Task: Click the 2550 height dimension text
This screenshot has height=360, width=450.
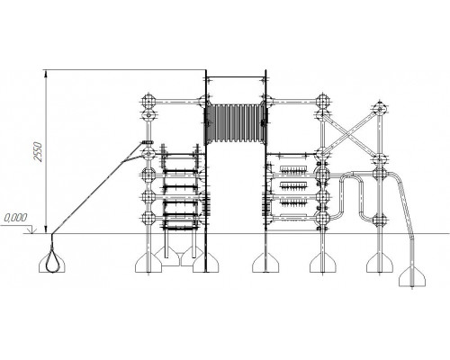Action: click(x=39, y=152)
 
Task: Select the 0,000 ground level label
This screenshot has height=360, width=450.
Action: click(x=16, y=218)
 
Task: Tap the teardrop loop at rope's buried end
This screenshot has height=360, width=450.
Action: click(x=52, y=263)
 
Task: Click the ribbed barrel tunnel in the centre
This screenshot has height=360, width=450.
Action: click(x=236, y=123)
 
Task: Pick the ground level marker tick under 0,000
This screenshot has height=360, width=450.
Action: click(x=31, y=230)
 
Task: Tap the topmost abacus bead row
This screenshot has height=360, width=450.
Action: click(x=294, y=170)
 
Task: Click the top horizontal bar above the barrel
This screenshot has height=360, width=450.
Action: click(x=236, y=77)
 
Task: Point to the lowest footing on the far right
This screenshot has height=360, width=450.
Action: click(x=412, y=276)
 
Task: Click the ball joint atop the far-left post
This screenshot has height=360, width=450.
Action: click(x=148, y=100)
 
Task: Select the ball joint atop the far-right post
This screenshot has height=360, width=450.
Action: click(x=380, y=108)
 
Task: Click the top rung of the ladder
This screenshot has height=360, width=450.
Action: click(x=180, y=157)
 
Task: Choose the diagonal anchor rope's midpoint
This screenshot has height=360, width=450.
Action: click(x=97, y=188)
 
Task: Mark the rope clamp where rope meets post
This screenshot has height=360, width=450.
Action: click(x=148, y=142)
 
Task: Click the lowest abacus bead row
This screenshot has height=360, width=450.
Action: click(x=294, y=215)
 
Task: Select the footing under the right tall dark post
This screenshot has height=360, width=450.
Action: click(x=265, y=263)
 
